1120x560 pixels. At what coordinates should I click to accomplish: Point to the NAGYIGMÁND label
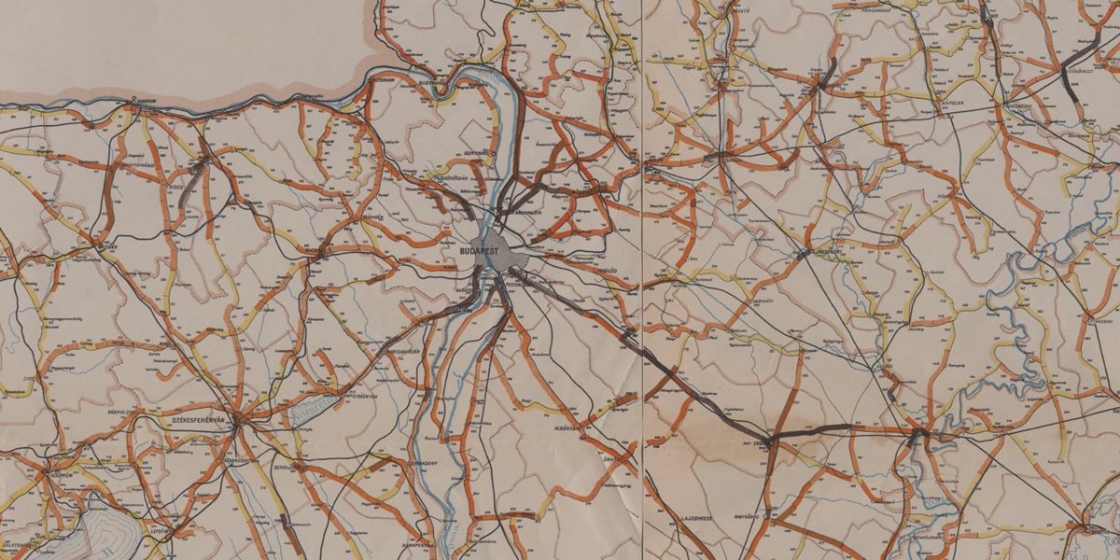[x=140, y=162]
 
